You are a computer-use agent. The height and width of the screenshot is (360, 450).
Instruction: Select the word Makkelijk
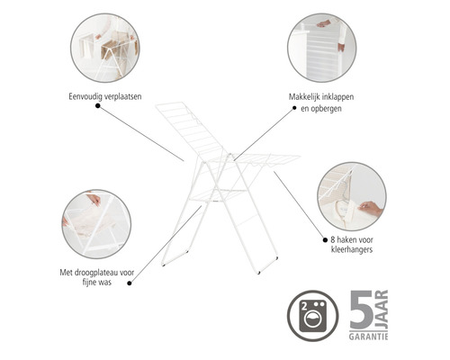pyautogui.click(x=304, y=97)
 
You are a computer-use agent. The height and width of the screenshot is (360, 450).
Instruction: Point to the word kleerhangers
pyautogui.click(x=352, y=249)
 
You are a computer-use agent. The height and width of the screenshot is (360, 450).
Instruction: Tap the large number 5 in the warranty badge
pyautogui.click(x=361, y=310)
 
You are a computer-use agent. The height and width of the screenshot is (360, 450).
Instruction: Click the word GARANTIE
pyautogui.click(x=368, y=337)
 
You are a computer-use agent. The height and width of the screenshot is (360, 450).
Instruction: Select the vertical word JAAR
pyautogui.click(x=382, y=310)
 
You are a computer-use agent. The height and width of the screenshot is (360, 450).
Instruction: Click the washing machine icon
pyautogui.click(x=313, y=316)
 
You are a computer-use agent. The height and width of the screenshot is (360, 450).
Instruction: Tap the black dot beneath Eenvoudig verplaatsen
pyautogui.click(x=98, y=105)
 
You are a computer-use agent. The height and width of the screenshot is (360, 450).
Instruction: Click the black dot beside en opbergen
pyautogui.click(x=294, y=108)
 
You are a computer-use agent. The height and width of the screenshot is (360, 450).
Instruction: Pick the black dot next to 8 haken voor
pyautogui.click(x=325, y=240)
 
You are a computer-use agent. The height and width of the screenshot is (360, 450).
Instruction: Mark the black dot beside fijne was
pyautogui.click(x=130, y=283)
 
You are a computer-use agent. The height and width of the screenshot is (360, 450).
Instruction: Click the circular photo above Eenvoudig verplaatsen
pyautogui.click(x=105, y=48)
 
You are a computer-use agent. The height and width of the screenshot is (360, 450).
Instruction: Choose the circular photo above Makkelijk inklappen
pyautogui.click(x=322, y=48)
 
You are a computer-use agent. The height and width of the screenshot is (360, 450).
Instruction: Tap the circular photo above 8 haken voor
pyautogui.click(x=352, y=196)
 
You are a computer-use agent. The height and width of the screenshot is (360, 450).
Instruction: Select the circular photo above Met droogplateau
pyautogui.click(x=96, y=224)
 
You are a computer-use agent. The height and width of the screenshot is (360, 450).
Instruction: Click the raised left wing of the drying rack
pyautogui.click(x=188, y=129)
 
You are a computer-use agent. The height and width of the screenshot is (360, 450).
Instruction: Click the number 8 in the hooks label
pyautogui.click(x=333, y=240)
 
